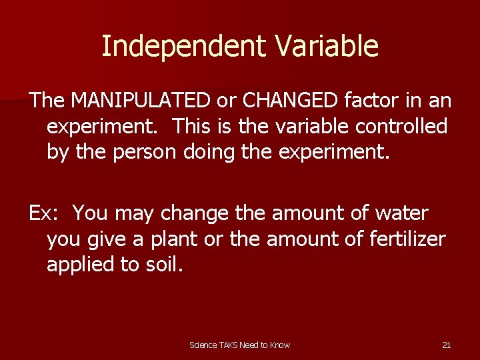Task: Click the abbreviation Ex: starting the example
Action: (45, 213)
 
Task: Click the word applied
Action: (85, 265)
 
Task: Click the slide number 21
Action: (447, 345)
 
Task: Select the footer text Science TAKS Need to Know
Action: (240, 345)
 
